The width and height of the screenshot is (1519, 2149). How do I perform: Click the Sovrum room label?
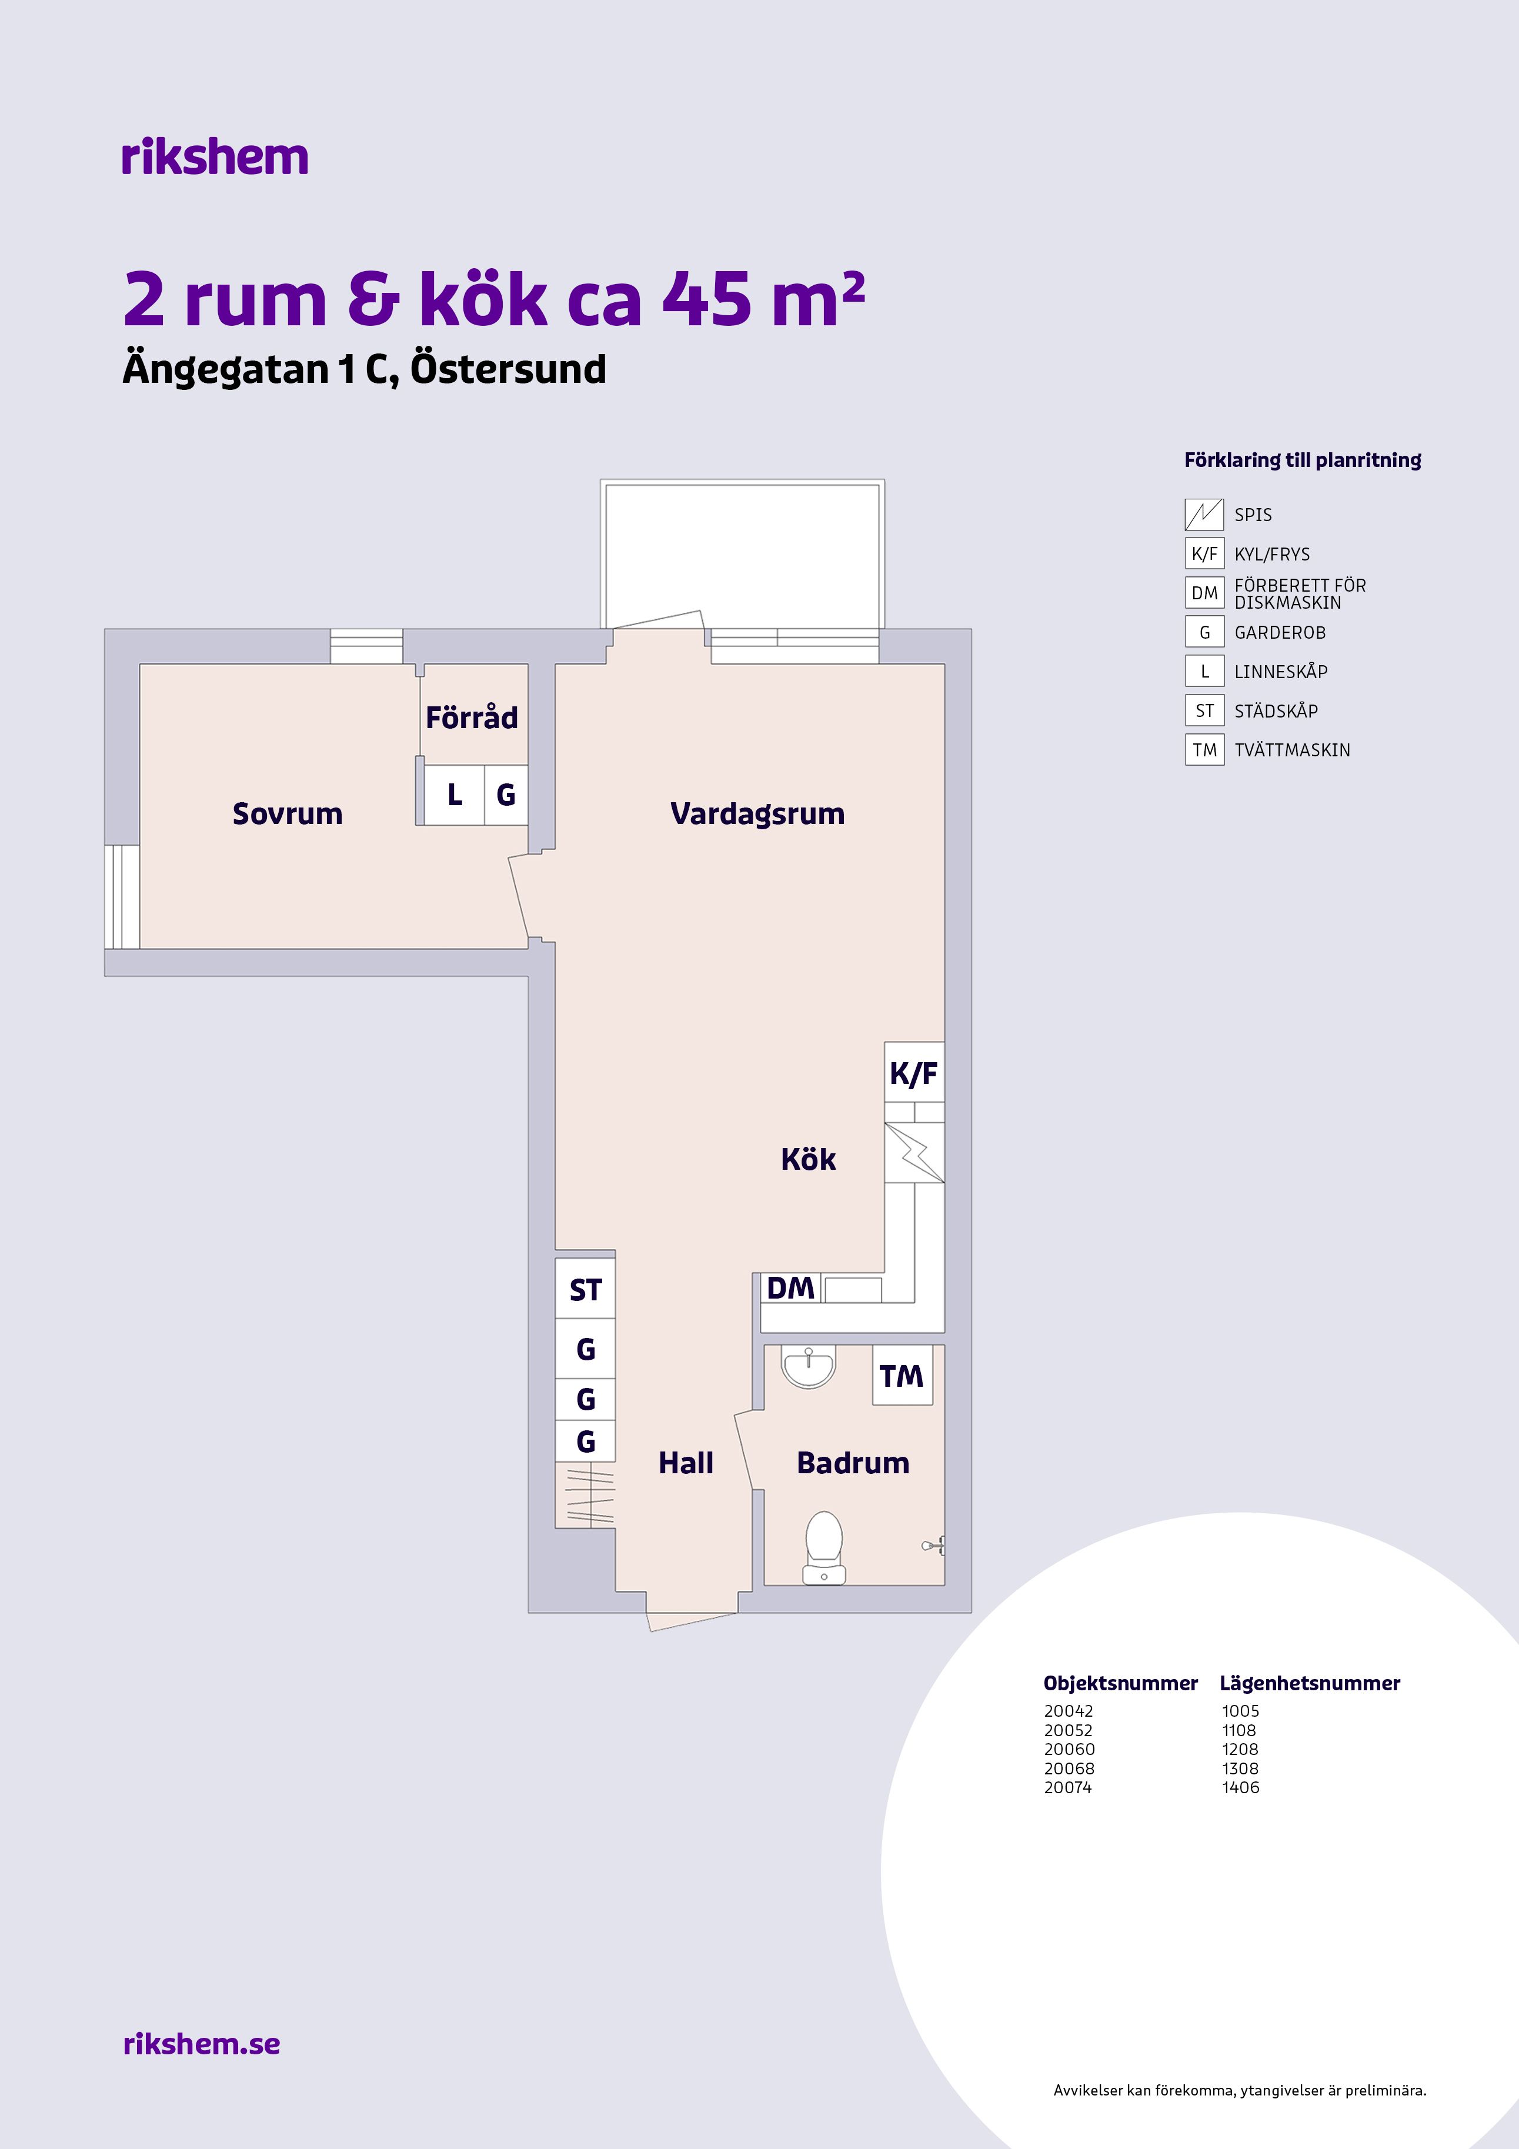[288, 813]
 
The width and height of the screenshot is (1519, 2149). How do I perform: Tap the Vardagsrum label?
[757, 813]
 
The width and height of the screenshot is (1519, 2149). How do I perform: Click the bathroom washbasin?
[807, 1367]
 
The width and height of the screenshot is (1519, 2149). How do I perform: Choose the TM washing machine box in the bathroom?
[902, 1375]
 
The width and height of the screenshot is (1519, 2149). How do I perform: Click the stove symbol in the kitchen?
[914, 1152]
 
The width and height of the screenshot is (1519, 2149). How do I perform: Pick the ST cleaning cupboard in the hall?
[585, 1290]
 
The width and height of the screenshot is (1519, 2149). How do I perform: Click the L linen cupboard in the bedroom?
[455, 795]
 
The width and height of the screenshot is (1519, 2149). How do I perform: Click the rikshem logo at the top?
[214, 157]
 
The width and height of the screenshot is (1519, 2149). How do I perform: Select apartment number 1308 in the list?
[1240, 1768]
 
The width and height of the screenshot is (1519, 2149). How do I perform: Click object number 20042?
[1069, 1711]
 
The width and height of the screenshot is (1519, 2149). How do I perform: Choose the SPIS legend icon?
[1204, 514]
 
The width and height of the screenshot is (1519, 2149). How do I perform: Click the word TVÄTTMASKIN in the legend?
[1293, 750]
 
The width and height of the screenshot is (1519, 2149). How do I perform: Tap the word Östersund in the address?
[508, 370]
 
